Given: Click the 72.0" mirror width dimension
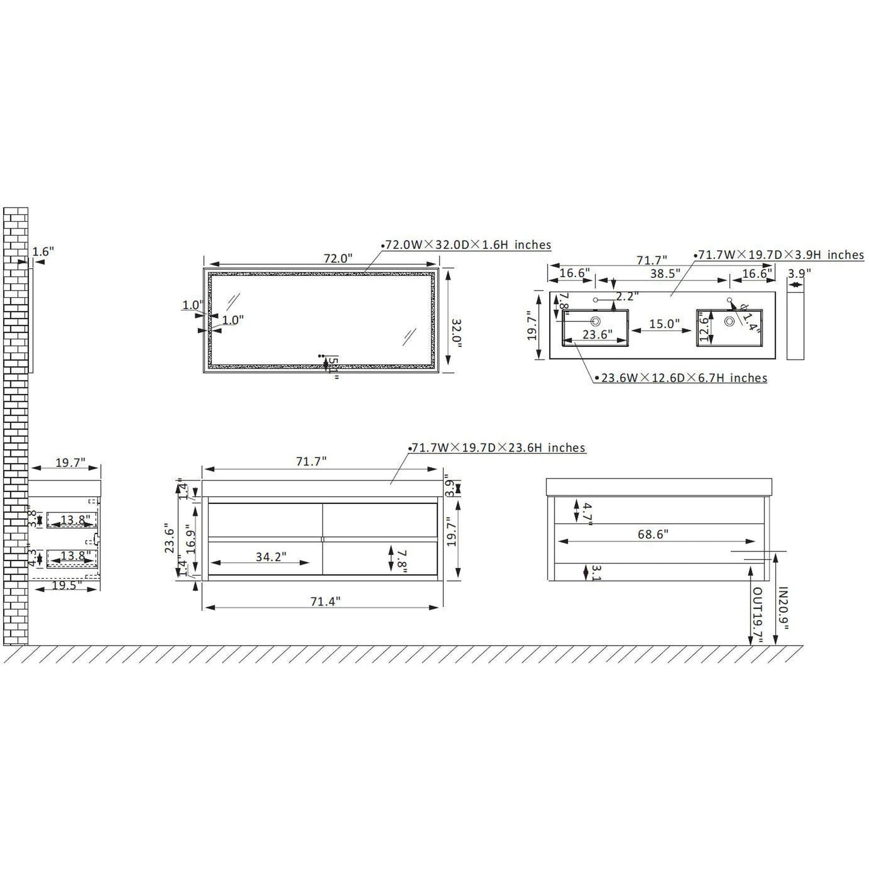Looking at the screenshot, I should (337, 259).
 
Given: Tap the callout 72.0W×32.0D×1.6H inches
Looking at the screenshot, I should (467, 245).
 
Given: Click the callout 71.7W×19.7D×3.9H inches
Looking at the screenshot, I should (781, 255).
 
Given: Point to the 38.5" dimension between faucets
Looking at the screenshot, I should (665, 273).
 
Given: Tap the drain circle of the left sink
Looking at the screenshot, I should (596, 321).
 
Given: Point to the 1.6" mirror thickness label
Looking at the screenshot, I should (43, 251).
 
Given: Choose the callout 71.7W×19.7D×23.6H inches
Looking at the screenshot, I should (497, 448).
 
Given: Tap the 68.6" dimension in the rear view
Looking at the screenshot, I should (653, 534).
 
